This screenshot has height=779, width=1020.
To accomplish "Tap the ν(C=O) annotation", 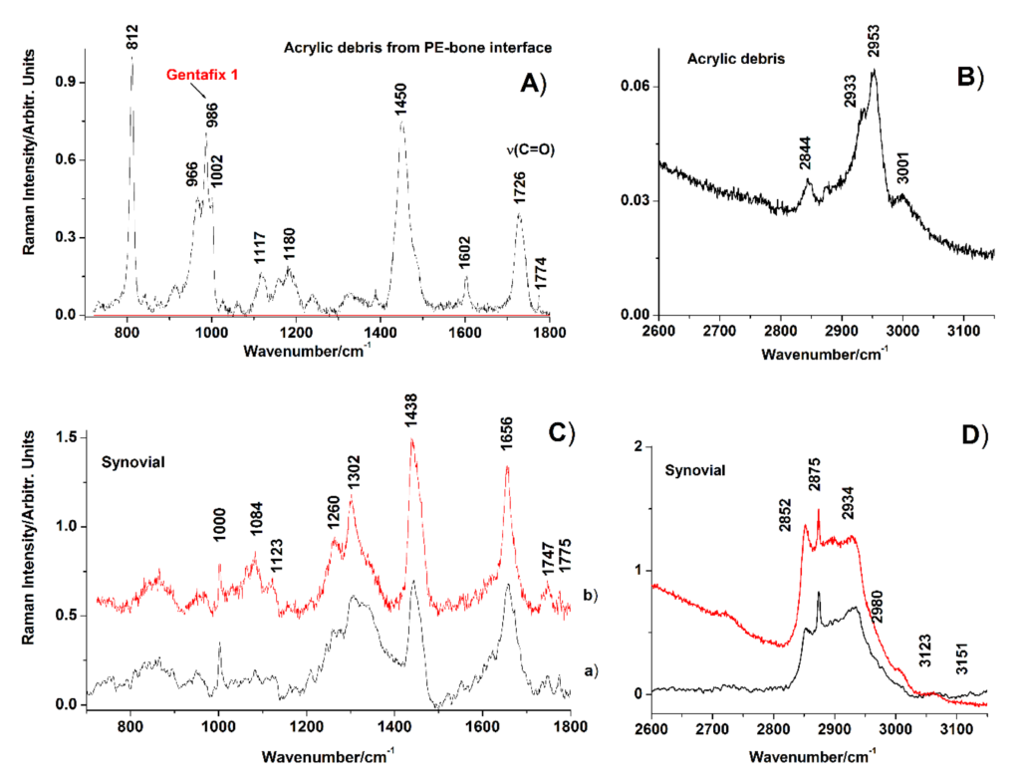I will (527, 150).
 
